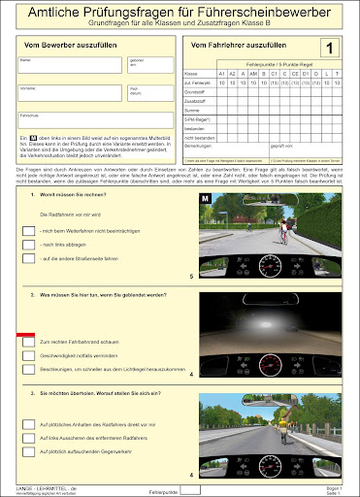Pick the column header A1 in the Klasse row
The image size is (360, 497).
click(x=221, y=73)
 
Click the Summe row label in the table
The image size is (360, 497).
click(x=195, y=113)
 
